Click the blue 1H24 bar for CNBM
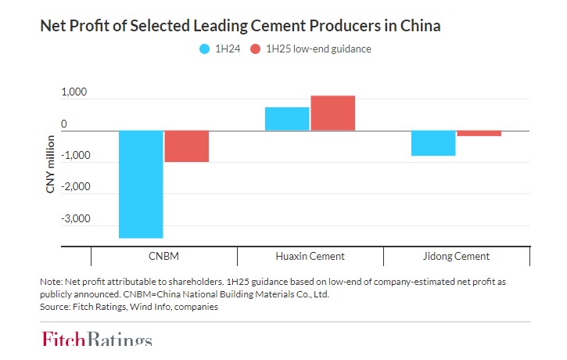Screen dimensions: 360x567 click(x=141, y=184)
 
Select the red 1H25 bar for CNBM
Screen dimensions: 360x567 click(x=187, y=146)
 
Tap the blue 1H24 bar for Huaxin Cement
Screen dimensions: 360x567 click(x=287, y=119)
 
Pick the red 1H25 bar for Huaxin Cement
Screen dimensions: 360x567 click(x=332, y=113)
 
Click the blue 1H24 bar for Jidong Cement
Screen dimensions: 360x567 click(x=433, y=143)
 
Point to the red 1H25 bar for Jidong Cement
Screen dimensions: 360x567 click(x=479, y=134)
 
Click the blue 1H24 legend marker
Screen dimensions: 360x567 click(x=206, y=49)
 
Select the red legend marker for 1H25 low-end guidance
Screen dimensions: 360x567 click(x=256, y=49)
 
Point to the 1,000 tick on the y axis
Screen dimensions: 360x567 click(x=74, y=93)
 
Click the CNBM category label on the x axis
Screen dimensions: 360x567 click(x=163, y=256)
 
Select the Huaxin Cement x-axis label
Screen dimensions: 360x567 click(x=310, y=256)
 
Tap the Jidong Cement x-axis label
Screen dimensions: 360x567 click(x=456, y=256)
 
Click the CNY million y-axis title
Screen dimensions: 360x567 click(x=51, y=164)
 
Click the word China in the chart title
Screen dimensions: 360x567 click(x=421, y=26)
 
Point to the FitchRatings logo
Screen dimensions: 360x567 click(x=97, y=340)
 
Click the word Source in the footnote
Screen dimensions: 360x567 click(x=54, y=307)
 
